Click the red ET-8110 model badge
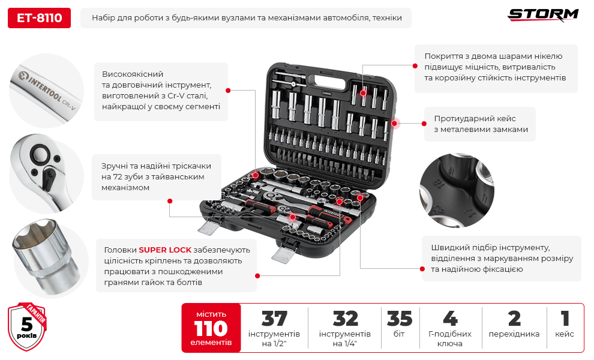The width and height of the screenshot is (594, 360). point(39,18)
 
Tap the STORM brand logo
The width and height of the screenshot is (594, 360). point(543,15)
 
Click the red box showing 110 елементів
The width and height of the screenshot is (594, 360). point(211,328)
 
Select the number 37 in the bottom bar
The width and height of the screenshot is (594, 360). point(274,319)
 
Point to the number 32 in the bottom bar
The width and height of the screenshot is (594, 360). point(345,319)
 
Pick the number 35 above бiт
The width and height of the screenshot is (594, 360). point(400,319)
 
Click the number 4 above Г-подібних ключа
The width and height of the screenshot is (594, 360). point(449,319)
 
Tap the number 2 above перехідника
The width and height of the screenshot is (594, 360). point(514,319)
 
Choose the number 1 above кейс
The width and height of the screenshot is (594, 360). point(565,319)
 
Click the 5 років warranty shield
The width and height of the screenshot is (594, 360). point(27,328)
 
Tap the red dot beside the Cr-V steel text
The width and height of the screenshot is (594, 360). point(228,90)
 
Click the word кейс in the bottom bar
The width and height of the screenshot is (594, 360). point(565,334)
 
